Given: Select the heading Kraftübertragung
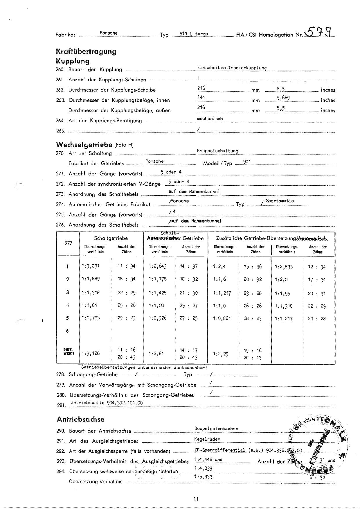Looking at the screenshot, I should (x=86, y=52).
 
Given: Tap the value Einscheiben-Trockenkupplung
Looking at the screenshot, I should (x=232, y=68).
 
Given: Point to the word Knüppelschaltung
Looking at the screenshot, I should (x=217, y=151).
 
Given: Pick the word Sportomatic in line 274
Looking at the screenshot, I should (x=280, y=201).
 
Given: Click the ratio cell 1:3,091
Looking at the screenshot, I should (x=91, y=266).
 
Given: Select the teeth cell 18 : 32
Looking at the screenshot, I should (x=188, y=279).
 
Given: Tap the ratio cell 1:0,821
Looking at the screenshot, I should (x=222, y=318).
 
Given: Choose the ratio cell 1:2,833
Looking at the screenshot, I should (x=284, y=267).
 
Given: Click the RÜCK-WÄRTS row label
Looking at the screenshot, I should (x=68, y=352).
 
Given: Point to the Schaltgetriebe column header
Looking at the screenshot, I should (x=111, y=238).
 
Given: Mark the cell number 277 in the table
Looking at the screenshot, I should (x=68, y=243).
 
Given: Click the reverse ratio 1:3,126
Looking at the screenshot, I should (x=91, y=353).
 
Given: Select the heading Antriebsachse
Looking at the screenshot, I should (x=80, y=419).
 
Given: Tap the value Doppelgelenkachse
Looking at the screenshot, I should (x=216, y=429).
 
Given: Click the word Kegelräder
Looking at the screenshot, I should (x=207, y=439).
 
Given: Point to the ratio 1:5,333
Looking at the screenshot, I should (x=203, y=477).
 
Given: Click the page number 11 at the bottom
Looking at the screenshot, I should (x=196, y=499).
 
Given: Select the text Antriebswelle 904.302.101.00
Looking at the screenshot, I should (x=107, y=403).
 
